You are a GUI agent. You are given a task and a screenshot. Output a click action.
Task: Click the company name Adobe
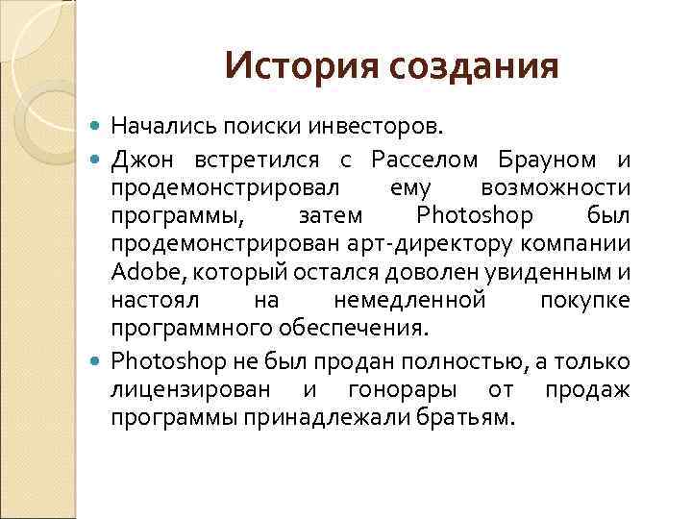coord(139,271)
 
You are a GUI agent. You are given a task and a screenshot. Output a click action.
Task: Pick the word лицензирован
coord(190,390)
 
